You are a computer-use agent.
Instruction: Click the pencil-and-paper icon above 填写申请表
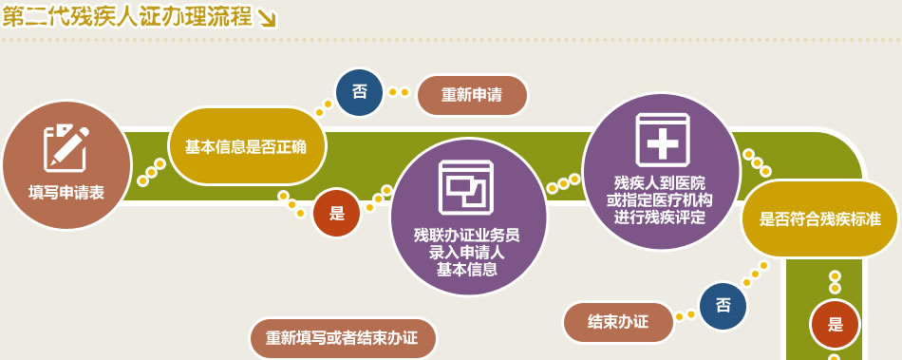[x=66, y=148]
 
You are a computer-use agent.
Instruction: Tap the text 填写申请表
[x=66, y=192]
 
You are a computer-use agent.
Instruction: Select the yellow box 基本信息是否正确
[x=247, y=146]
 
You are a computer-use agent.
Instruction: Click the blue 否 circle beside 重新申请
[x=360, y=92]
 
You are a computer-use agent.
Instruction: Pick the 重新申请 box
[x=472, y=95]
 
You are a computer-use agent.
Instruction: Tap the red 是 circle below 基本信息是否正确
[x=336, y=213]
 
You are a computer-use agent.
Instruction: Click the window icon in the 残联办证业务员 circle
[x=466, y=187]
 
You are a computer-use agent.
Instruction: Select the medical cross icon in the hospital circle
[x=663, y=140]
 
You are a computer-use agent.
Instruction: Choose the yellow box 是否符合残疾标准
[x=819, y=218]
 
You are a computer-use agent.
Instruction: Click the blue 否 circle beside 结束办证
[x=723, y=306]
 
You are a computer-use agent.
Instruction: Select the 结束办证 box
[x=618, y=322]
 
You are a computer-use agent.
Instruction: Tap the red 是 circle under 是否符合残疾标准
[x=835, y=325]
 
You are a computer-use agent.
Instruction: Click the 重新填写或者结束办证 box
[x=343, y=337]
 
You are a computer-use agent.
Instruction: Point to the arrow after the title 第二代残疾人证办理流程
[x=267, y=19]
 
